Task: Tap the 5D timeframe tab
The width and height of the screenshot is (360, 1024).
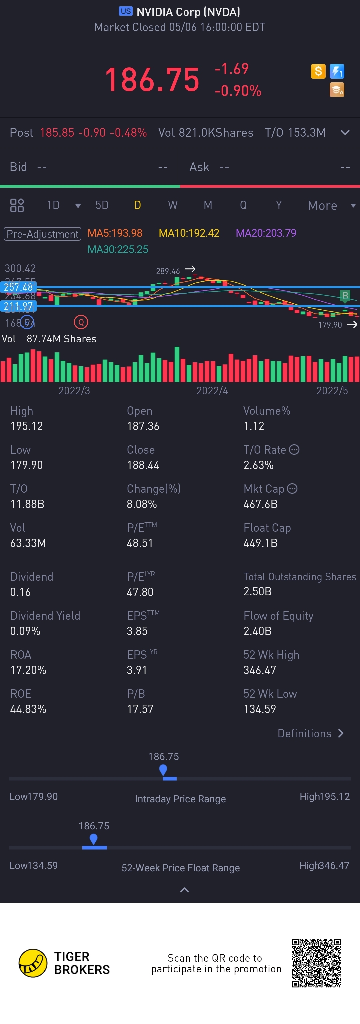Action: coord(102,205)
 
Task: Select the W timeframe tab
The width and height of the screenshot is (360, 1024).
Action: coord(172,205)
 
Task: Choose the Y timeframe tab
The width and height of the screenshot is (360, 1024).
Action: coord(279,205)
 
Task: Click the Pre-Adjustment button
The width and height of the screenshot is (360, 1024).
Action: coord(43,234)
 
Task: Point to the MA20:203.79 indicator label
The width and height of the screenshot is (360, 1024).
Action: coord(266,233)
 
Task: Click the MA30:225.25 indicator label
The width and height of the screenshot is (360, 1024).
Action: coord(118,249)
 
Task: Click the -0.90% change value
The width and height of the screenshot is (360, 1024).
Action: coord(238,91)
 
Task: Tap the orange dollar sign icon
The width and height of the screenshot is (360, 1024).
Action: coord(318,72)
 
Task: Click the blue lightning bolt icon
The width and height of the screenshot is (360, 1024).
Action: coord(337,72)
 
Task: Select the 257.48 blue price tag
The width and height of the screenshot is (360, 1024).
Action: coord(18,287)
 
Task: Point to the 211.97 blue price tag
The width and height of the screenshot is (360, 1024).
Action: coord(18,306)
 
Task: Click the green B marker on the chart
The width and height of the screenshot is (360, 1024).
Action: coord(345,295)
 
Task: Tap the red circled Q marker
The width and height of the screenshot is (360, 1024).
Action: coord(81,322)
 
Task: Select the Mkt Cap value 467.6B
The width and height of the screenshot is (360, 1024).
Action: coord(260,504)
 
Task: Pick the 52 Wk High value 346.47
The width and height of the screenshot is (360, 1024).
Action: coord(259,670)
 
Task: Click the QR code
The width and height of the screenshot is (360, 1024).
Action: coord(316,963)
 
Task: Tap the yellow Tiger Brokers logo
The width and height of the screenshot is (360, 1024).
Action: coord(33,963)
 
